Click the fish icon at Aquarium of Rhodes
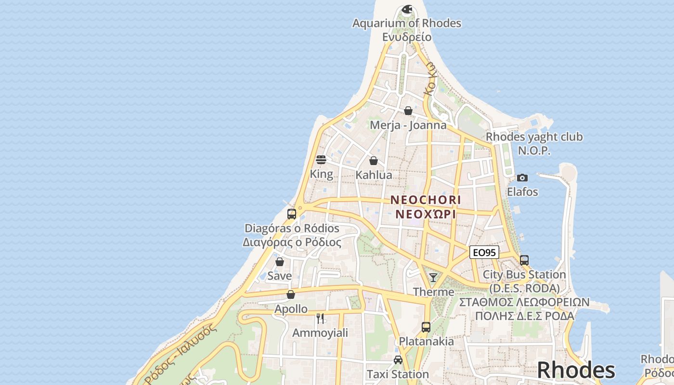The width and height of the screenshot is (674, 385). tap(407, 9)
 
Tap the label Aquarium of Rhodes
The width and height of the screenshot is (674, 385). tap(407, 23)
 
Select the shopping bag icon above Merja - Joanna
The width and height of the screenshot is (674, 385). tap(408, 111)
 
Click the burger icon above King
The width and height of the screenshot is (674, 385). tap(321, 160)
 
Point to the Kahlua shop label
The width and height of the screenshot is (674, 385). tap(374, 175)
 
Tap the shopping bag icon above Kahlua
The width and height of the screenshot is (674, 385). tap(374, 161)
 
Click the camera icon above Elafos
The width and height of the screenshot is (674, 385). tap(522, 178)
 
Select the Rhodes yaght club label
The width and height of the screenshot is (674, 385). tap(534, 137)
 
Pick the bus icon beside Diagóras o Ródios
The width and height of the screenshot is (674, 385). tap(292, 214)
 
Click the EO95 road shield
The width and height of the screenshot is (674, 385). tap(484, 252)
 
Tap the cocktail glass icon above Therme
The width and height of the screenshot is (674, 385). tap(433, 277)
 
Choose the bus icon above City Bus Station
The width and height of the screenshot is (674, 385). tap(524, 260)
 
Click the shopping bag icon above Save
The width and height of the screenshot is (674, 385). tap(280, 262)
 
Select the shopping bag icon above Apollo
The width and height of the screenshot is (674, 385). tap(291, 295)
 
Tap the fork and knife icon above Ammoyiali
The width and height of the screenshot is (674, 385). tap(320, 318)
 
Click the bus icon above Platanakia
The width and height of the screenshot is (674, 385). tap(426, 327)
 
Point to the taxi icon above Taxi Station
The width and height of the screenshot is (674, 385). tap(398, 360)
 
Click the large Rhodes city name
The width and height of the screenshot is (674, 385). tap(576, 370)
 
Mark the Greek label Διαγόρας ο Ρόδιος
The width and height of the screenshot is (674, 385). tap(292, 242)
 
